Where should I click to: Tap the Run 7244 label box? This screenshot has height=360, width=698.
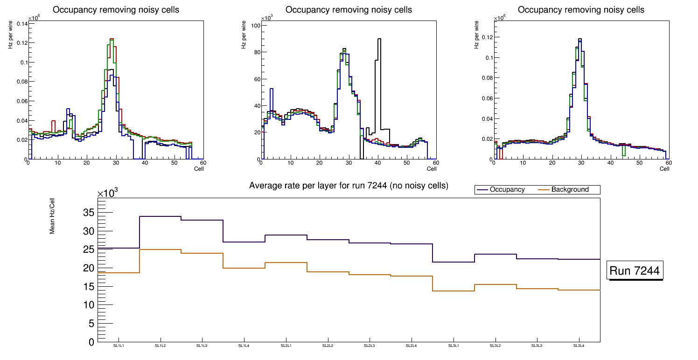[x=635, y=271]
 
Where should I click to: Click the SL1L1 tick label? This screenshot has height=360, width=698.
[x=119, y=346]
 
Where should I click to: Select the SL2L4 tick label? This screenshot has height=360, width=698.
[x=411, y=346]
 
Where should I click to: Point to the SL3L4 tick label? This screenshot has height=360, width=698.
[x=579, y=346]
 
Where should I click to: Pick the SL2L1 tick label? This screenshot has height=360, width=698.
[x=286, y=346]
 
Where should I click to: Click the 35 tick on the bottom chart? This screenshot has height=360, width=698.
[x=89, y=213]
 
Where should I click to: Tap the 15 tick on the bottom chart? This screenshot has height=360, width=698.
[x=89, y=287]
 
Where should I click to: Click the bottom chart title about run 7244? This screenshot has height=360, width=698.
[x=349, y=186]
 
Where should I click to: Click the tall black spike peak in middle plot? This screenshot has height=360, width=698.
[x=379, y=39]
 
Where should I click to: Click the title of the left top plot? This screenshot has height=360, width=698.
[x=116, y=10]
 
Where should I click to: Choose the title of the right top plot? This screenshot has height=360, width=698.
[x=581, y=10]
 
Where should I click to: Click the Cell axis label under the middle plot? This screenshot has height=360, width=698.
[x=431, y=168]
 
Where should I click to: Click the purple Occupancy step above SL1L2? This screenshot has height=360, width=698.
[x=161, y=216]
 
